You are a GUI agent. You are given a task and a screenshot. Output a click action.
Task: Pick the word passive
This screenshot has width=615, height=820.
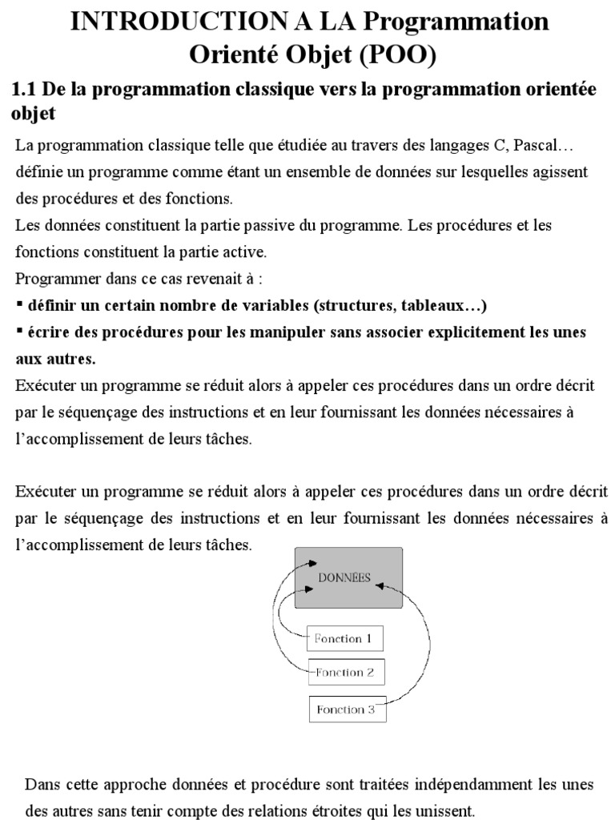[x=253, y=226]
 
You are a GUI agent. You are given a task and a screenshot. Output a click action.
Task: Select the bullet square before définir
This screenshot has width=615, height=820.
[x=19, y=306]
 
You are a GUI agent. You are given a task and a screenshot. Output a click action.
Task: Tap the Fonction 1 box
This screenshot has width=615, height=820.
[x=344, y=638]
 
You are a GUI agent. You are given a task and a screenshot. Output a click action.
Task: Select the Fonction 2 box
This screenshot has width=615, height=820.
[x=346, y=673]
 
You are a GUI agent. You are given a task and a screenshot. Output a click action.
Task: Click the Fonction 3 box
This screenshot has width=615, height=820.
[x=346, y=709]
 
